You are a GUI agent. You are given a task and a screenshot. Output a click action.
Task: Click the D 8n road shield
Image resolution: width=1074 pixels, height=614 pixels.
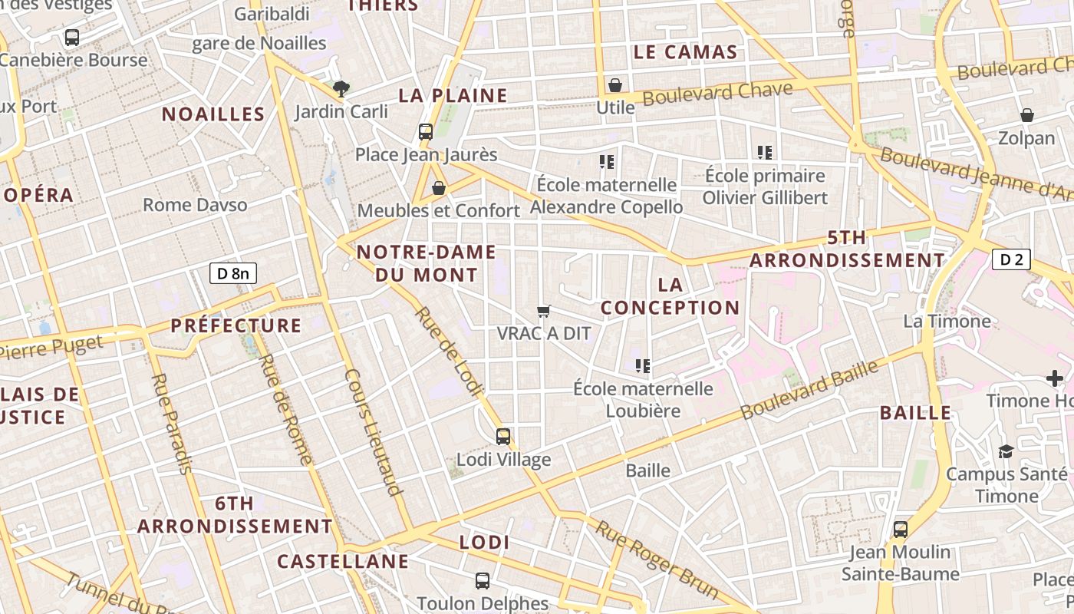pos(233,273)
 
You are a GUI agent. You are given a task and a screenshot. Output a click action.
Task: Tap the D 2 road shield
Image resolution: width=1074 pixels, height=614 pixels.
pos(1011,259)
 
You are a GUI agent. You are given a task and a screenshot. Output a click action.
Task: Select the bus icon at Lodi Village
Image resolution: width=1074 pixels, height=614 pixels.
pos(503,437)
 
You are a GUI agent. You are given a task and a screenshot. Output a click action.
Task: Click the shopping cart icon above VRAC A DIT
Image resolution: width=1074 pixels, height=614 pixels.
pos(544,311)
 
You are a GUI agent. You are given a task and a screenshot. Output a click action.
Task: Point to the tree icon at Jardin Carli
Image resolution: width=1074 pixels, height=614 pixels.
pos(341,89)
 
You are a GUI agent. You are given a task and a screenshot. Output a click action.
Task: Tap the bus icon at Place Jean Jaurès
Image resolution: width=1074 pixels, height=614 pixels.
pos(426,132)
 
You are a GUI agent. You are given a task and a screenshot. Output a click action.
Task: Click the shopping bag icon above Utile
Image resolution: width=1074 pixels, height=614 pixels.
pos(614,85)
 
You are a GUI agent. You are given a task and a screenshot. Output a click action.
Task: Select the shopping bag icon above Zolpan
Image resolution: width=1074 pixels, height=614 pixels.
pos(1027,116)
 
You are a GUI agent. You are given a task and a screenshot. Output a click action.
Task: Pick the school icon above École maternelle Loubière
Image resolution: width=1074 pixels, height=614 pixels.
pos(643,366)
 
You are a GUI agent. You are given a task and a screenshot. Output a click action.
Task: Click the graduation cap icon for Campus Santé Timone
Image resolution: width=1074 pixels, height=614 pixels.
pos(1006,451)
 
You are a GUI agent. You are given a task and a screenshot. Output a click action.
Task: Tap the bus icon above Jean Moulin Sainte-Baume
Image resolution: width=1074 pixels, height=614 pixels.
pos(901,530)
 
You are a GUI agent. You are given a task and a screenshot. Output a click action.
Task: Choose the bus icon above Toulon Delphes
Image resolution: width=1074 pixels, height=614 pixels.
pos(483,581)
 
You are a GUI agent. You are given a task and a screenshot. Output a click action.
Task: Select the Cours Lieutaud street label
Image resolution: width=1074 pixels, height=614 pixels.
pos(374,432)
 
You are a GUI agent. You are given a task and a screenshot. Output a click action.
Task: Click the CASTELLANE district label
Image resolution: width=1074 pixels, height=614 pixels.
pos(343,562)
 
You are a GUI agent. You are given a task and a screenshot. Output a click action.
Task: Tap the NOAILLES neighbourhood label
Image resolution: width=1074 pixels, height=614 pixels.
pos(213,114)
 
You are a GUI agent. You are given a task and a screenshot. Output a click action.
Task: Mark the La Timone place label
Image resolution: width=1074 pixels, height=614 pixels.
pos(947,321)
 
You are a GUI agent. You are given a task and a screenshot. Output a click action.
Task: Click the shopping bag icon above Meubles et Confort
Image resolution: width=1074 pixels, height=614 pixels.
pos(439,188)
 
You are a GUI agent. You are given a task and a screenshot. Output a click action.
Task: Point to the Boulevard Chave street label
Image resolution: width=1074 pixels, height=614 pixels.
pos(717,94)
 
